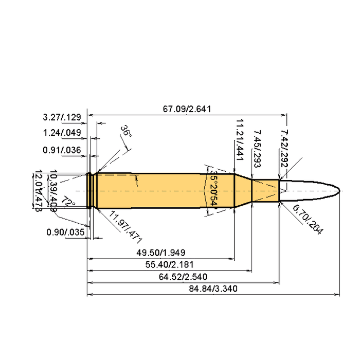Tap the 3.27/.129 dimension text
click(62, 118)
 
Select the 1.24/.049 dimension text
click(62, 133)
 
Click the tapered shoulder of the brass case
click(242, 191)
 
